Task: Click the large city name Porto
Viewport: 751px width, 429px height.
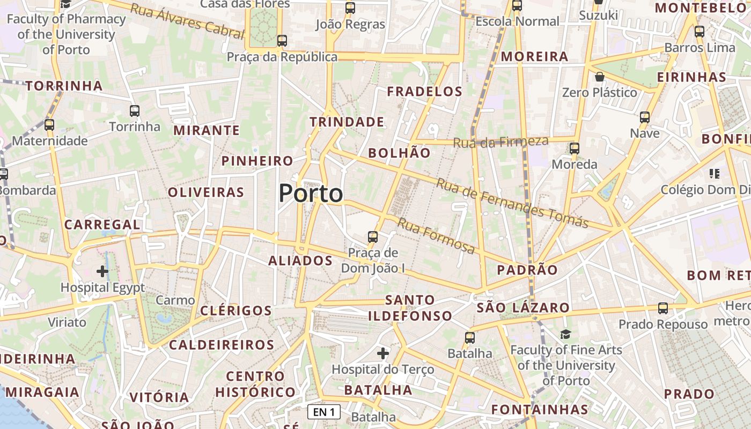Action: [311, 194]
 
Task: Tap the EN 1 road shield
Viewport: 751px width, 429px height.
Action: [325, 412]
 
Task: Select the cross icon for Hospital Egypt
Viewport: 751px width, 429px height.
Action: [102, 271]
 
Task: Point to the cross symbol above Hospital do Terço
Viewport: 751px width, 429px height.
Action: [382, 353]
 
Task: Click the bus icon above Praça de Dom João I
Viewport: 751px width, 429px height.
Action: [372, 236]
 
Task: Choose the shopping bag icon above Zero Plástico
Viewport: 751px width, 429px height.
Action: [599, 77]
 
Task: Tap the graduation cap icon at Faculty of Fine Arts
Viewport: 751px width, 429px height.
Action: [565, 334]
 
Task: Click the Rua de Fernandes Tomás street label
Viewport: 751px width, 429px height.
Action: [512, 203]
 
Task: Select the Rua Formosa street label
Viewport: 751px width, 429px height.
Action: [436, 236]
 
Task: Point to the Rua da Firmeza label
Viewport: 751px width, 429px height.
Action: [500, 142]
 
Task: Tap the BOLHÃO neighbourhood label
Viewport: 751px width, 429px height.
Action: [399, 153]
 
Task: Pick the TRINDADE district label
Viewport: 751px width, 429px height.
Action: [347, 122]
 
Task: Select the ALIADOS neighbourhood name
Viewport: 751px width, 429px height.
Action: [300, 261]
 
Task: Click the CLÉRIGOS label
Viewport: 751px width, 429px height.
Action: [236, 311]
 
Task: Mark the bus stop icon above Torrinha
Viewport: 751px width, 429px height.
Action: [135, 111]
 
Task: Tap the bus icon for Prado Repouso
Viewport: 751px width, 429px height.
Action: [663, 308]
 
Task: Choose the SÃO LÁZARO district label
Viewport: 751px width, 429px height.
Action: [523, 308]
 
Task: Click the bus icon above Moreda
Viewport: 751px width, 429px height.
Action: [575, 149]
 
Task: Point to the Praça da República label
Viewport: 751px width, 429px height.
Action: [282, 57]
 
